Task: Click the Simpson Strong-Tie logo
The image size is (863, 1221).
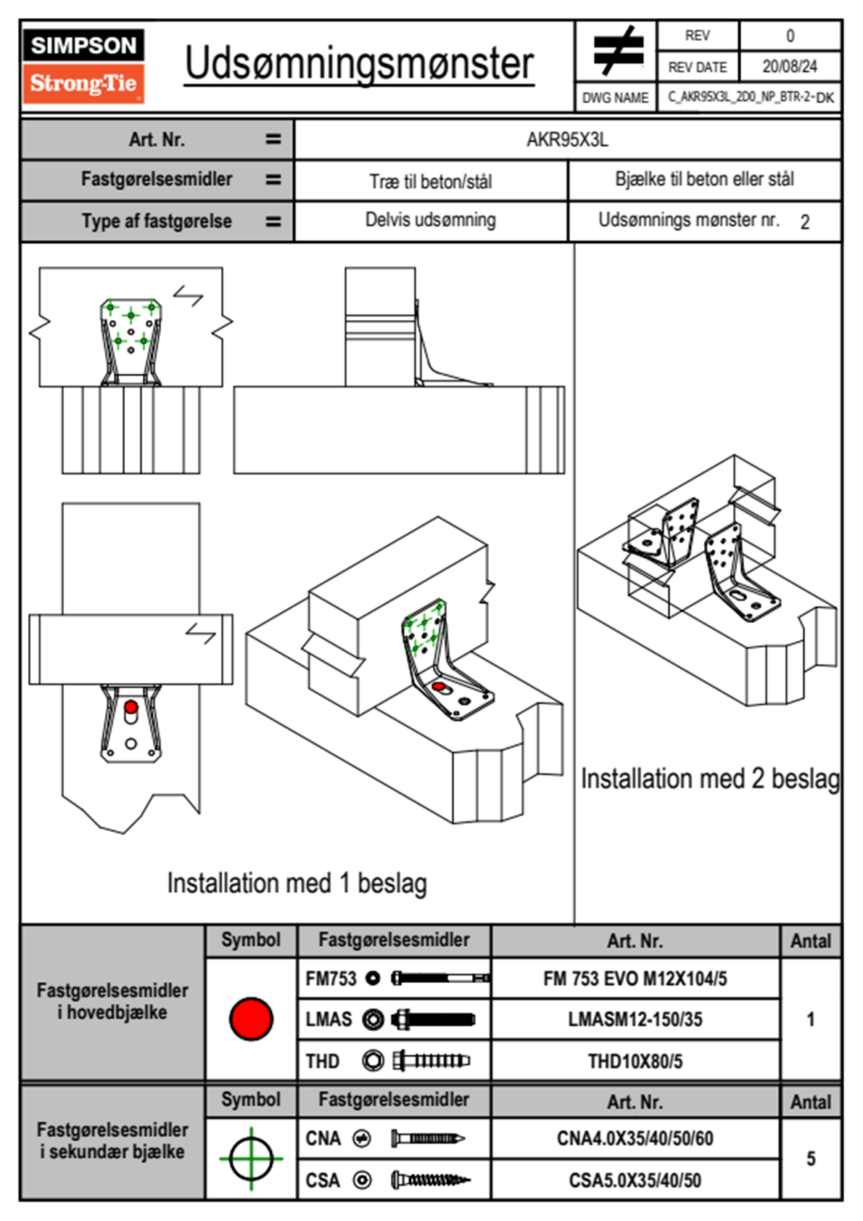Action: pyautogui.click(x=83, y=65)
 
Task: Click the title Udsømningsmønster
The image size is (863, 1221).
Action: pyautogui.click(x=359, y=64)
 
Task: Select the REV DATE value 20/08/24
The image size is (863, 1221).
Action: pyautogui.click(x=789, y=67)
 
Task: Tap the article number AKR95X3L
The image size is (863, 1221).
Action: pyautogui.click(x=567, y=139)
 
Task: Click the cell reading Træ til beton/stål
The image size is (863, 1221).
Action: pyautogui.click(x=431, y=181)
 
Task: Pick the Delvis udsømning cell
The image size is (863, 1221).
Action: pyautogui.click(x=431, y=220)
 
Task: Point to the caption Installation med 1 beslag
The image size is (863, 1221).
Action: pyautogui.click(x=297, y=883)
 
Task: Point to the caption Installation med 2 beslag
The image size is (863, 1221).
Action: pyautogui.click(x=709, y=779)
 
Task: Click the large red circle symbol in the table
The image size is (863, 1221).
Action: pyautogui.click(x=251, y=1018)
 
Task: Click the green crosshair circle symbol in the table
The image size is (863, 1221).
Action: pyautogui.click(x=251, y=1159)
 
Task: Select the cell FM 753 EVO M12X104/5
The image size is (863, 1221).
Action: pyautogui.click(x=635, y=979)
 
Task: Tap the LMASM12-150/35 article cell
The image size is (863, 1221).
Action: pyautogui.click(x=635, y=1019)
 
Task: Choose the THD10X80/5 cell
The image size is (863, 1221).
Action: pyautogui.click(x=635, y=1061)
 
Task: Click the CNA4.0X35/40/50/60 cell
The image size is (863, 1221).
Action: pyautogui.click(x=635, y=1138)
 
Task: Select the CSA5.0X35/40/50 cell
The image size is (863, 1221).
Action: pyautogui.click(x=635, y=1180)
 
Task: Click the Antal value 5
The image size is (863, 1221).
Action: pyautogui.click(x=811, y=1159)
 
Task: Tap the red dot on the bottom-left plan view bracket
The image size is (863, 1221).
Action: pyautogui.click(x=131, y=707)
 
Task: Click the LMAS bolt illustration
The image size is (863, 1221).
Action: pyautogui.click(x=433, y=1019)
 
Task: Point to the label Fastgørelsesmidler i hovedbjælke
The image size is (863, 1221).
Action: pyautogui.click(x=112, y=1001)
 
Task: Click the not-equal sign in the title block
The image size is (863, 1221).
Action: pyautogui.click(x=617, y=51)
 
